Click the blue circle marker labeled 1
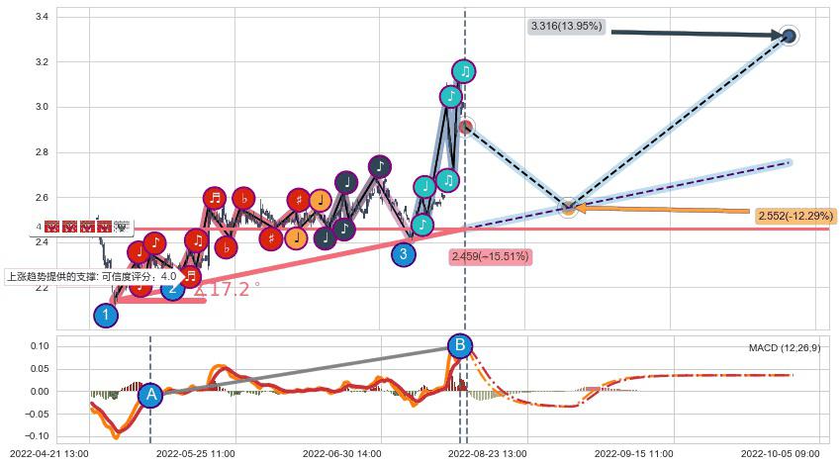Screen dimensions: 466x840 click(x=106, y=316)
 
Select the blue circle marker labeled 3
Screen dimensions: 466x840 click(x=403, y=254)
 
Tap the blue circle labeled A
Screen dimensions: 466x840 click(x=150, y=396)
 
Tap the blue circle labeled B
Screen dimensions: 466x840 click(x=459, y=345)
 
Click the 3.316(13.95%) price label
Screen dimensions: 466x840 click(x=566, y=26)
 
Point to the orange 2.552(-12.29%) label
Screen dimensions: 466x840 click(x=794, y=216)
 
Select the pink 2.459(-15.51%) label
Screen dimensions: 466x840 click(x=490, y=257)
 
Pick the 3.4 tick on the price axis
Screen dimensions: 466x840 click(x=43, y=17)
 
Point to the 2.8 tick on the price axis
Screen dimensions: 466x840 click(x=43, y=152)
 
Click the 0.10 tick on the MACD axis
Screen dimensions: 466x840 click(x=39, y=346)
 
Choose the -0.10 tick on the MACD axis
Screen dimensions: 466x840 click(x=37, y=436)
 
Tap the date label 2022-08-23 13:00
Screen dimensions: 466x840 click(x=487, y=453)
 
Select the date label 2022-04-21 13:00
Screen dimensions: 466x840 click(x=48, y=453)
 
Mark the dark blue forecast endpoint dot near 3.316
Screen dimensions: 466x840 click(x=789, y=37)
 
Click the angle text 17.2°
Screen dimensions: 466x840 click(x=229, y=290)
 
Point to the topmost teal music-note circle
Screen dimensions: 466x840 click(x=464, y=71)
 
